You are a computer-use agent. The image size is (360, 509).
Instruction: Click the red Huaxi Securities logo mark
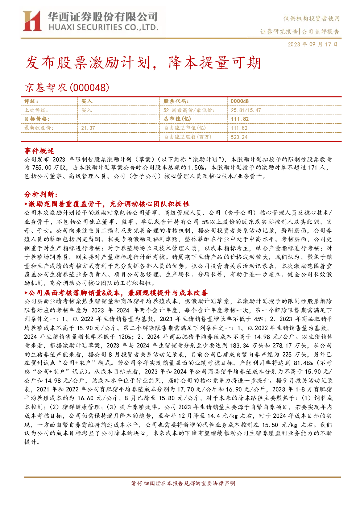pos(32,21)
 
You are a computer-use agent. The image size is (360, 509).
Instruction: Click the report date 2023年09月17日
pos(313,44)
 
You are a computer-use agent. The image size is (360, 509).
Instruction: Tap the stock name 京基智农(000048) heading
pos(67,88)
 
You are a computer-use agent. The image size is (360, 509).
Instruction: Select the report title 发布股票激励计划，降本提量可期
pos(143,63)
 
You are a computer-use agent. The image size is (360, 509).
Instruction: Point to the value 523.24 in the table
pos(239,137)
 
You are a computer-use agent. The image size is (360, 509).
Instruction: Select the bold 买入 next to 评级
pos(87,102)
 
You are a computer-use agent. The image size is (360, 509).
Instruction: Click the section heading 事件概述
pos(39,151)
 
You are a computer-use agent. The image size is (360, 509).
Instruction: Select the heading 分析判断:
pos(41,194)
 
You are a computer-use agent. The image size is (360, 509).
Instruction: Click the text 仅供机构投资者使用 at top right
pos(311,18)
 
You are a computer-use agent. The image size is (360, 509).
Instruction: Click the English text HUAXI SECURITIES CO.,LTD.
pos(103,28)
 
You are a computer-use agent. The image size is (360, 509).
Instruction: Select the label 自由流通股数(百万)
pos(188,137)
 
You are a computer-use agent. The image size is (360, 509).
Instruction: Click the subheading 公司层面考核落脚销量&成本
pos(74,293)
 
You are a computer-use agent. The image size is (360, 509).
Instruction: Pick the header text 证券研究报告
pos(279,32)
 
